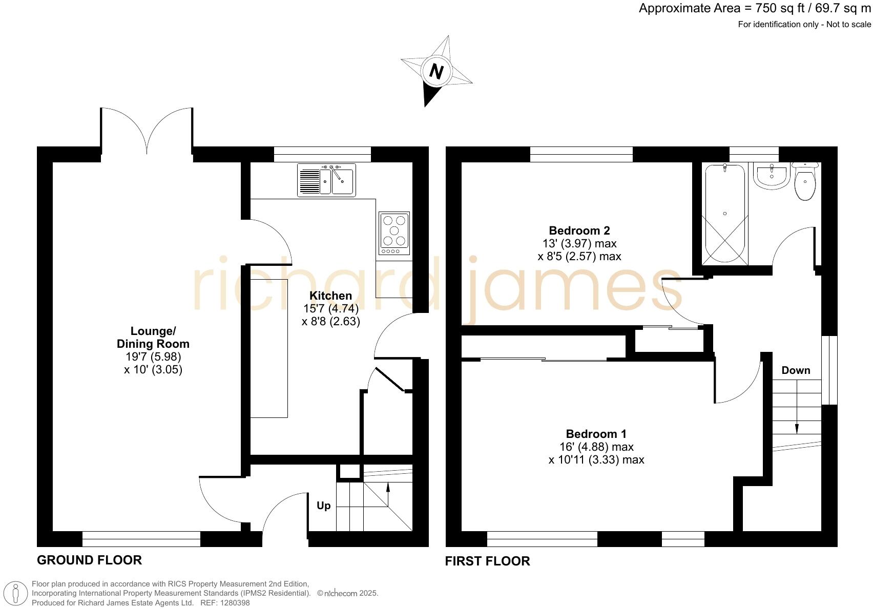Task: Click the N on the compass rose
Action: pos(436,71)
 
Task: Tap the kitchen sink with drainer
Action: pos(326,180)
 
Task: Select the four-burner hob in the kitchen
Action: pos(394,233)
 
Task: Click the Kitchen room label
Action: pos(331,296)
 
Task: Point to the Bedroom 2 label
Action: pos(579,230)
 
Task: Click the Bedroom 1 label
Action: pos(596,434)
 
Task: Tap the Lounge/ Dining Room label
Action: pos(153,337)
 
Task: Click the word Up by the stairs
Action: pos(323,506)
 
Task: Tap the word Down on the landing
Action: pos(796,370)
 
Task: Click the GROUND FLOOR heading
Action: pos(89,560)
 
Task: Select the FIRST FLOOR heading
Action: pos(487,561)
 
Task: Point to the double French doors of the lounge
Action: pos(147,131)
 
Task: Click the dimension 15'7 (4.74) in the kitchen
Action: pos(331,308)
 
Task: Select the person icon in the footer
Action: pos(16,594)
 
